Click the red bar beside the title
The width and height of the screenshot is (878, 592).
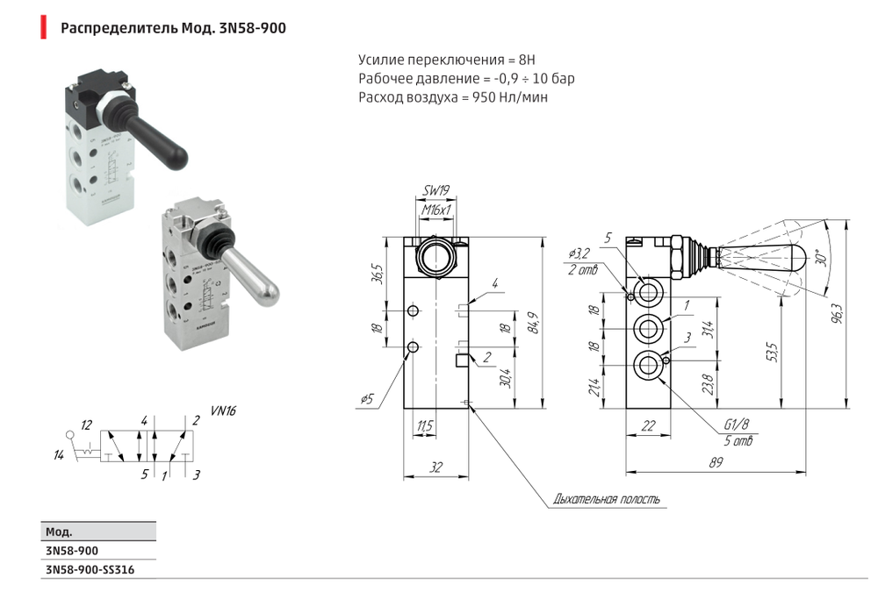point(43,27)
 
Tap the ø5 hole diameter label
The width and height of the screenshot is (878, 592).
point(366,399)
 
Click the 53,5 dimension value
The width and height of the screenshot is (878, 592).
point(771,353)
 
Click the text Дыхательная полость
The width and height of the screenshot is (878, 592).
point(605,500)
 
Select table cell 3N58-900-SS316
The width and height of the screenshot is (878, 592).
point(90,570)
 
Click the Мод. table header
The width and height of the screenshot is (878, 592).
point(58,531)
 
